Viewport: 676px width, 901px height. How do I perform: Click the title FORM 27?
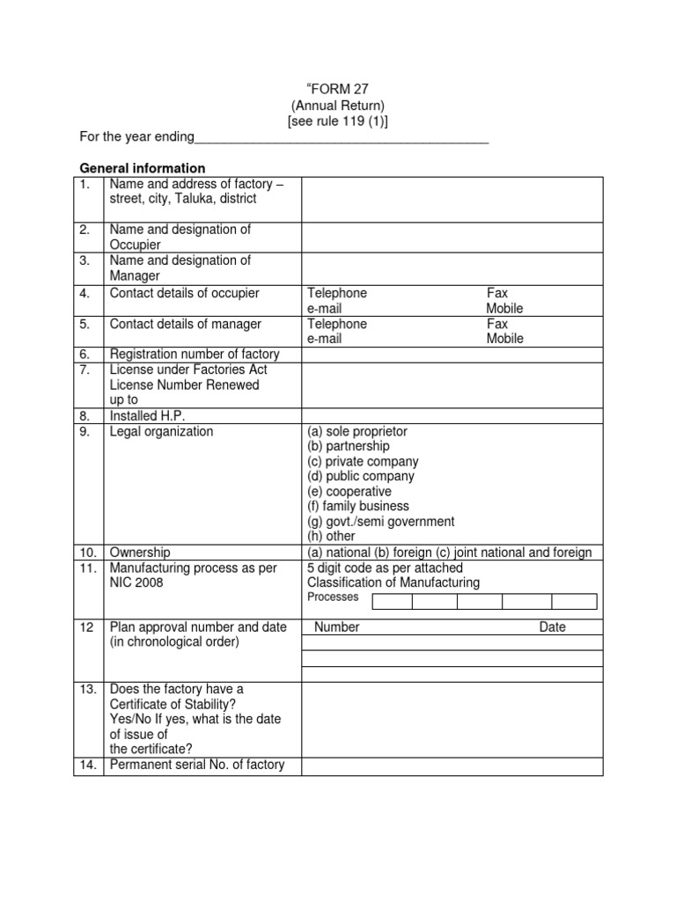pyautogui.click(x=339, y=89)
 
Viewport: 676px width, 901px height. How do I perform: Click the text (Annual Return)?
pyautogui.click(x=338, y=106)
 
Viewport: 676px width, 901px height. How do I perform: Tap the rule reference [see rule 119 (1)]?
pyautogui.click(x=338, y=121)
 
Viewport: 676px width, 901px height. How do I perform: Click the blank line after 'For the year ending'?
pyautogui.click(x=341, y=139)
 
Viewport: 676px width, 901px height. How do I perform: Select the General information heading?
pyautogui.click(x=143, y=168)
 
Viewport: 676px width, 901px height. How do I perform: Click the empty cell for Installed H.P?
pyautogui.click(x=452, y=415)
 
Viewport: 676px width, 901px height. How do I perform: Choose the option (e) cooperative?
pyautogui.click(x=349, y=491)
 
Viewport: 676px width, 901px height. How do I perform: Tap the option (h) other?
pyautogui.click(x=332, y=536)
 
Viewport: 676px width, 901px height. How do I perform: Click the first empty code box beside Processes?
pyautogui.click(x=392, y=601)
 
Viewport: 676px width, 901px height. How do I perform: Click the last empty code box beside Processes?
pyautogui.click(x=574, y=601)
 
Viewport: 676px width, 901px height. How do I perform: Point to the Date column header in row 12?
pyautogui.click(x=553, y=627)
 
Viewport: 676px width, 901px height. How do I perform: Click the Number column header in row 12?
pyautogui.click(x=337, y=627)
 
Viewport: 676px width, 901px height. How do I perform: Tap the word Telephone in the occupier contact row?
pyautogui.click(x=337, y=293)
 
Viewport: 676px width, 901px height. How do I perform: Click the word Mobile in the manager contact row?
pyautogui.click(x=504, y=339)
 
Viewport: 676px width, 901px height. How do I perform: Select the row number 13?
pyautogui.click(x=86, y=689)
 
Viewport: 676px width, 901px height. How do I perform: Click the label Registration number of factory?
pyautogui.click(x=195, y=354)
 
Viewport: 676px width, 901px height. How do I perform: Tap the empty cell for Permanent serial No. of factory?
pyautogui.click(x=452, y=765)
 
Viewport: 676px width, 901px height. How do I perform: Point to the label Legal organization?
pyautogui.click(x=161, y=431)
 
